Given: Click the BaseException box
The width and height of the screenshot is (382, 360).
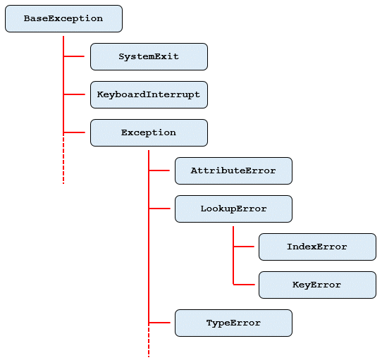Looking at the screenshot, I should tap(63, 19).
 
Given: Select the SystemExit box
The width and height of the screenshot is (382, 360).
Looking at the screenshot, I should tap(149, 56).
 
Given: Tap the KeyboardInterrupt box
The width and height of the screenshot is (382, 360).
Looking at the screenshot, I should tap(149, 94).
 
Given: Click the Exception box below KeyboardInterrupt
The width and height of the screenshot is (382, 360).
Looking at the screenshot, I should tap(149, 132).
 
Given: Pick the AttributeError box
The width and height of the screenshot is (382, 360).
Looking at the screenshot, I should tap(233, 170).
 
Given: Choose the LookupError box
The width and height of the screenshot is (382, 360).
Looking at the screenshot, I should tap(233, 209).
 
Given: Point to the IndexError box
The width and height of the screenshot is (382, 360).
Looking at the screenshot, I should tap(317, 247).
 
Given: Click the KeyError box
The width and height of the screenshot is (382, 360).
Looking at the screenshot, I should tap(317, 285).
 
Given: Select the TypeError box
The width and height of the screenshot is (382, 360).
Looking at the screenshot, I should tap(233, 323).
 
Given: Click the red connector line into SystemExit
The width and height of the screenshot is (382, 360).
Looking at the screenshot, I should tap(77, 56).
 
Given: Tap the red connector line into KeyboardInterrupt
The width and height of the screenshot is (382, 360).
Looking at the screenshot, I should tap(77, 94).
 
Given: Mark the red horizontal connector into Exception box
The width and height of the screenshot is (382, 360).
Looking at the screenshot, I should tap(77, 132).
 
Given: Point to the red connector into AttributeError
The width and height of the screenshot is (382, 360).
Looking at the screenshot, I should tap(161, 170).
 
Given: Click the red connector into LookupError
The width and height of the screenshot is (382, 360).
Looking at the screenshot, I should tap(161, 209).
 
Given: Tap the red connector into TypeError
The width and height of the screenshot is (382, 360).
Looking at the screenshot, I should tap(161, 323).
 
